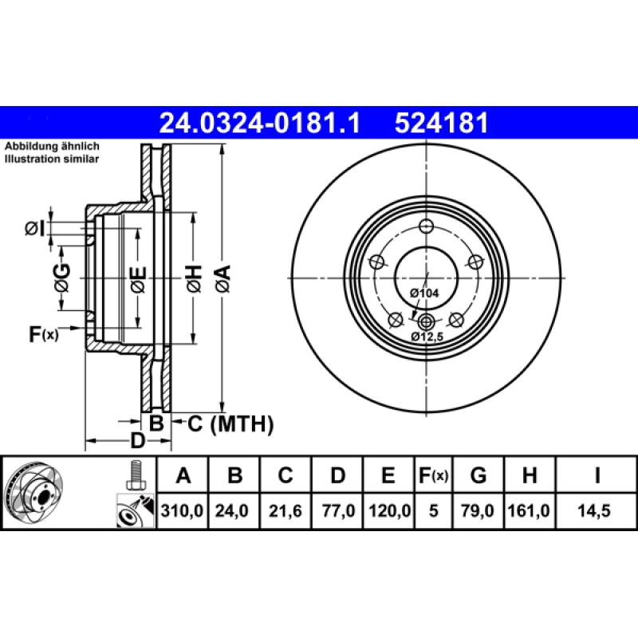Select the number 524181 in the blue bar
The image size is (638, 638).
click(441, 123)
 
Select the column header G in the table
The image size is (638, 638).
click(478, 477)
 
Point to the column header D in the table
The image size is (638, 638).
click(338, 477)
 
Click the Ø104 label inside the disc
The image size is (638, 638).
click(424, 293)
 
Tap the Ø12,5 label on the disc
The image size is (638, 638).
click(427, 337)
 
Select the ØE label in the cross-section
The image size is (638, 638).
click(138, 279)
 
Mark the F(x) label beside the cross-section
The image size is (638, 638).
click(44, 334)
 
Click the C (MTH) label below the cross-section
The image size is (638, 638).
click(230, 423)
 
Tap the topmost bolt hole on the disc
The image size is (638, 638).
click(426, 225)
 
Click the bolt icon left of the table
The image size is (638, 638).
click(134, 476)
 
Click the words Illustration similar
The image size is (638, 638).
click(52, 159)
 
